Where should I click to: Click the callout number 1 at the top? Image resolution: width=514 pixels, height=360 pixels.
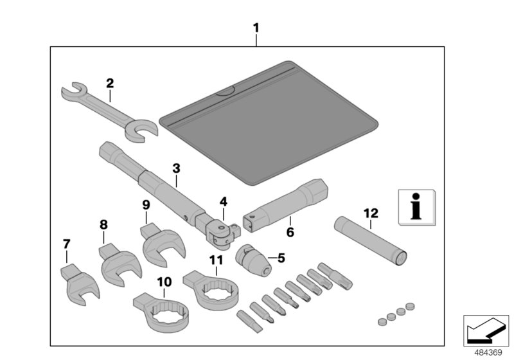click(x=256, y=28)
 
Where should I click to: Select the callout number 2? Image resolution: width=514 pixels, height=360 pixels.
click(x=110, y=83)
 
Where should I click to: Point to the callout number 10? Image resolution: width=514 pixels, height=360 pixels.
click(x=164, y=281)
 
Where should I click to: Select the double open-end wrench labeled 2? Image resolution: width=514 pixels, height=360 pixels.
click(x=109, y=109)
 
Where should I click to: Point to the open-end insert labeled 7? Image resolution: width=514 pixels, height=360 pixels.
click(x=79, y=283)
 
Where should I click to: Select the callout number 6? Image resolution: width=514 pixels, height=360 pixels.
click(x=290, y=231)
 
